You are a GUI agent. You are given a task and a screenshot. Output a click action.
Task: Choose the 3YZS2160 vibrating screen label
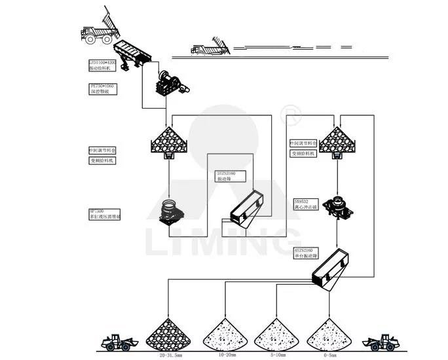coord(230,177)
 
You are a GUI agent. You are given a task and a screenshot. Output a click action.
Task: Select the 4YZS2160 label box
coord(308,252)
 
